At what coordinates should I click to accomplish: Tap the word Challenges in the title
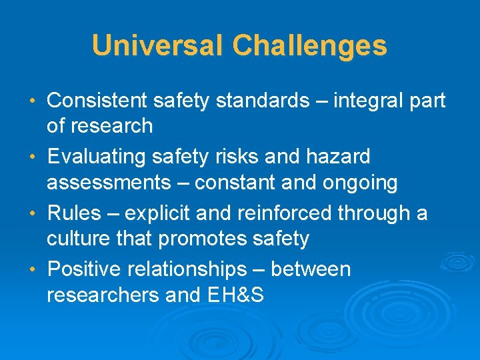[309, 46]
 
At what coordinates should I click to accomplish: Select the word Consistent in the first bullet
[97, 101]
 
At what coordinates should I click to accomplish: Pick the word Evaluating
[97, 157]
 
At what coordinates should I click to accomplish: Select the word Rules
[73, 213]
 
